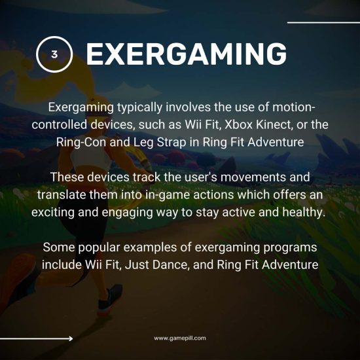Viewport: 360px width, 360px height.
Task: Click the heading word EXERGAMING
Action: (186, 55)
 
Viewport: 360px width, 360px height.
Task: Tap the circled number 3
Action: (54, 55)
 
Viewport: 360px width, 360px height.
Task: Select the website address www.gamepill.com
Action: (180, 338)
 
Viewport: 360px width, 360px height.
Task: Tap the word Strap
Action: (178, 142)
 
